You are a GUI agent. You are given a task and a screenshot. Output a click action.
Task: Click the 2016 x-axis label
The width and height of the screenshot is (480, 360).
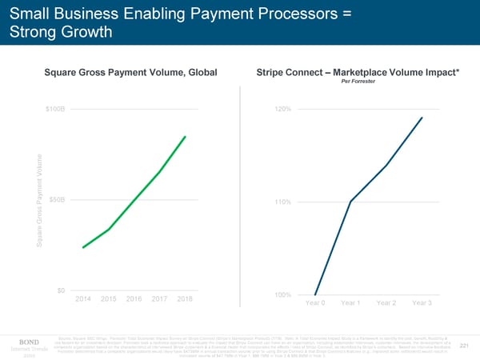134,298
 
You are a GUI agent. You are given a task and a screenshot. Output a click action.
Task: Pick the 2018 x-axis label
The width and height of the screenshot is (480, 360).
184,298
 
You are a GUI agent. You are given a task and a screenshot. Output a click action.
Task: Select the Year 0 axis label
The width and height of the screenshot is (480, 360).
317,303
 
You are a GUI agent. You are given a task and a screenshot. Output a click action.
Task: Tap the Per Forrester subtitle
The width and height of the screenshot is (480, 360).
356,82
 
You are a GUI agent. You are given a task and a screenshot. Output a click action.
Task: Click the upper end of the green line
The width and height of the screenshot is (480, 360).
185,137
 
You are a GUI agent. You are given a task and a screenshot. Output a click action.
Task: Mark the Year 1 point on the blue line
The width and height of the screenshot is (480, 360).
351,202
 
